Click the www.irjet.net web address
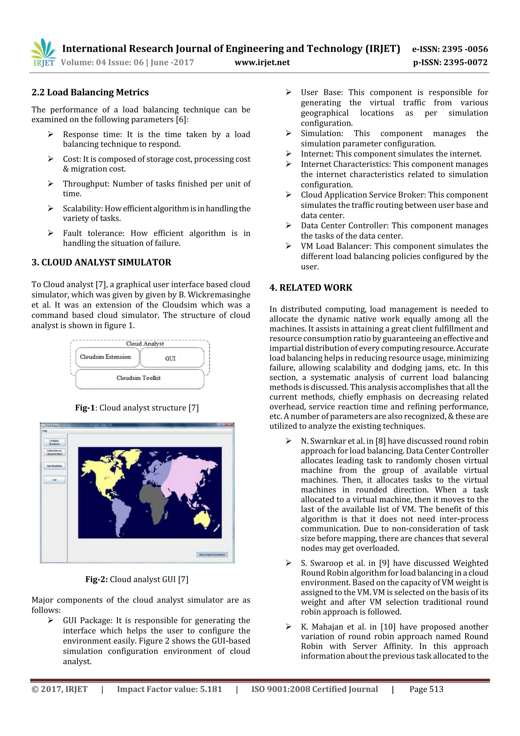pyautogui.click(x=262, y=62)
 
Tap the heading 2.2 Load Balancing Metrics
pyautogui.click(x=90, y=92)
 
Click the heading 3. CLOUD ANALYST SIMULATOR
pyautogui.click(x=101, y=262)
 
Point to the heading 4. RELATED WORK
pyautogui.click(x=311, y=288)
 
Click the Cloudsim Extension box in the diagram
pyautogui.click(x=105, y=357)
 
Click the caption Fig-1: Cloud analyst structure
pyautogui.click(x=137, y=408)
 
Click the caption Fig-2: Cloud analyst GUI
pyautogui.click(x=137, y=579)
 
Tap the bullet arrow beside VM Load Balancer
pyautogui.click(x=288, y=246)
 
